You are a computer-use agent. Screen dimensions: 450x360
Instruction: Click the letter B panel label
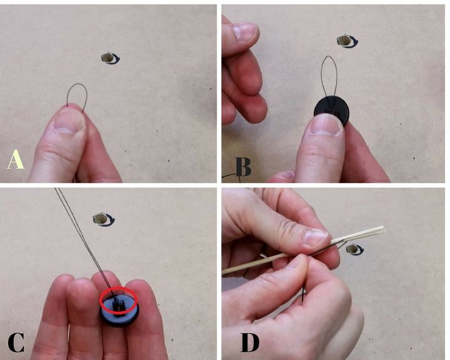tap(243, 167)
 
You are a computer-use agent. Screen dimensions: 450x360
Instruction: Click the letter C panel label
tap(16, 342)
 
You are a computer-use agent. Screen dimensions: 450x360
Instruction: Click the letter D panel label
tap(249, 342)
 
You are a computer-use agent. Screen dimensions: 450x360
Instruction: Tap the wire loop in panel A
tap(77, 84)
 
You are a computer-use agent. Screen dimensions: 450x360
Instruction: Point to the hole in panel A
tap(108, 58)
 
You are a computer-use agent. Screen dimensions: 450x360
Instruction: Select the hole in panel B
tap(344, 41)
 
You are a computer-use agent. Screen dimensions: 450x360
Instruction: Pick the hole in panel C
tap(100, 219)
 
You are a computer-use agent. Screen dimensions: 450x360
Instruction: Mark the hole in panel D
tap(352, 250)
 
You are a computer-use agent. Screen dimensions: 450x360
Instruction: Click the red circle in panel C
tap(119, 289)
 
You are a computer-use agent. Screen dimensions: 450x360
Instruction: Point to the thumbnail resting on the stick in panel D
tap(316, 238)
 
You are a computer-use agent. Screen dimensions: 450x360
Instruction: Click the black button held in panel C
tap(119, 311)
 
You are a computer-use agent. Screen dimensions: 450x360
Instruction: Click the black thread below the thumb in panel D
tap(303, 293)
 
